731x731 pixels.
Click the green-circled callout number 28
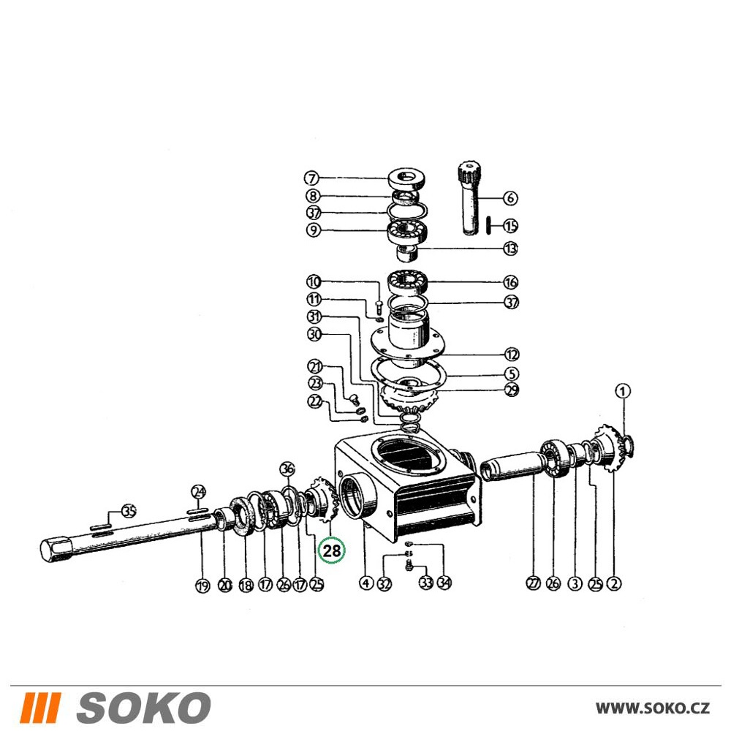click(331, 550)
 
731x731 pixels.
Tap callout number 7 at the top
click(312, 178)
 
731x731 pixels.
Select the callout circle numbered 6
click(510, 197)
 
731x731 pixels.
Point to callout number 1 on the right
click(624, 391)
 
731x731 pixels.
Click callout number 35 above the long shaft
click(129, 512)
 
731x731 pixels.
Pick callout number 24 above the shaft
click(199, 492)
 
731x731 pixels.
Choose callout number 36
click(287, 469)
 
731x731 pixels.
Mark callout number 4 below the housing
click(366, 583)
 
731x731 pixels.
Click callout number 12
click(512, 355)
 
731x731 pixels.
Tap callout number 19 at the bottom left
click(202, 586)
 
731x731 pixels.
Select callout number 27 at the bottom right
click(534, 583)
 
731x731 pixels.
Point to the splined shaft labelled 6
click(471, 197)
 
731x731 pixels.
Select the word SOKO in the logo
click(143, 707)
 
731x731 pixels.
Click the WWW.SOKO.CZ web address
click(653, 708)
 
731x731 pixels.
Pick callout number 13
click(511, 249)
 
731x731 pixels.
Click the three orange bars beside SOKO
click(41, 707)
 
